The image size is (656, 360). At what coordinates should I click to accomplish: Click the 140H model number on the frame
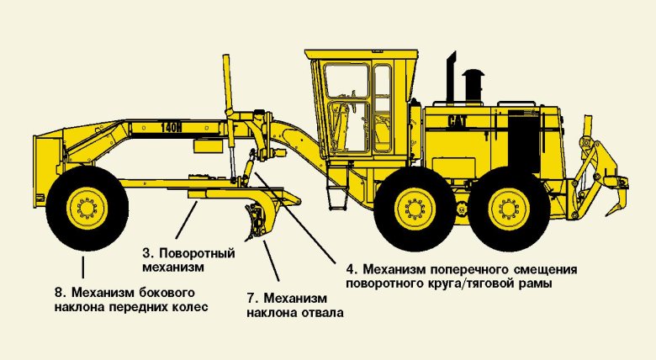tap(172, 128)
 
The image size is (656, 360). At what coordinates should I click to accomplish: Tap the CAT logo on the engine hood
tap(458, 121)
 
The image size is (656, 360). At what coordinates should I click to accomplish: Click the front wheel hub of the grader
tap(87, 208)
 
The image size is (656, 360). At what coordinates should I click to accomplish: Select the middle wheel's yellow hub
tap(415, 209)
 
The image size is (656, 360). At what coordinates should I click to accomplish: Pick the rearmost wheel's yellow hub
tap(509, 209)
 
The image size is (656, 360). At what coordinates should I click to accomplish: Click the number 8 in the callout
tap(58, 292)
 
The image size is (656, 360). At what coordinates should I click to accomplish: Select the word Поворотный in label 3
tap(198, 254)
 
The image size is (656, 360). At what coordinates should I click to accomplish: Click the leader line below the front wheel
tap(82, 268)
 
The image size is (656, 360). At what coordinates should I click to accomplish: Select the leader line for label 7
tap(271, 261)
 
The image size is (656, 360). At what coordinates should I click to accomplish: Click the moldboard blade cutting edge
tap(254, 223)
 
